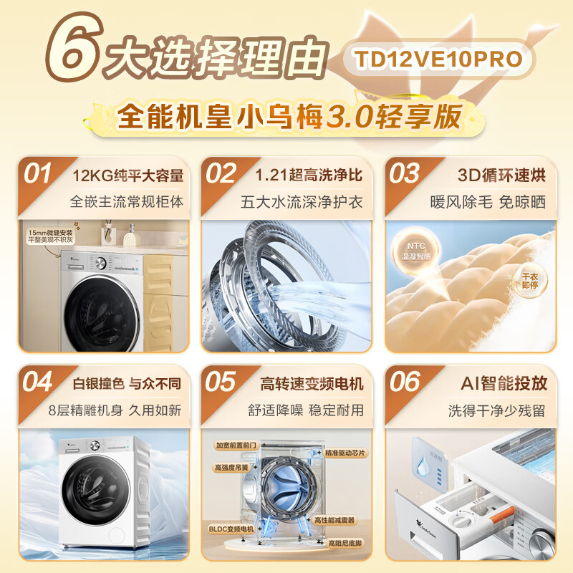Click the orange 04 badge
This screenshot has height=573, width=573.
click(38, 382)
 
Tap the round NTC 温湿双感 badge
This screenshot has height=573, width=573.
click(412, 254)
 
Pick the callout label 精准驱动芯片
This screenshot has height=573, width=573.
click(345, 453)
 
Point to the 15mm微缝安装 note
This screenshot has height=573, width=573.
click(50, 236)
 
